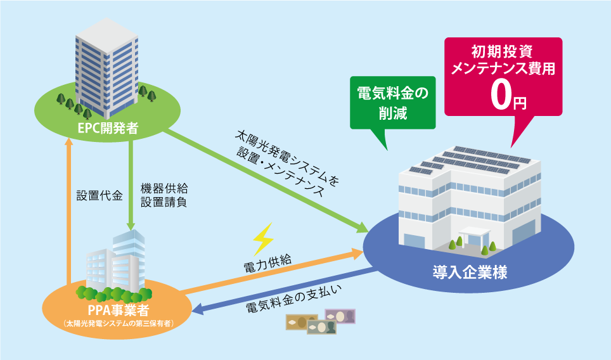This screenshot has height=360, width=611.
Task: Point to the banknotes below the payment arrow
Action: click(x=321, y=321)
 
